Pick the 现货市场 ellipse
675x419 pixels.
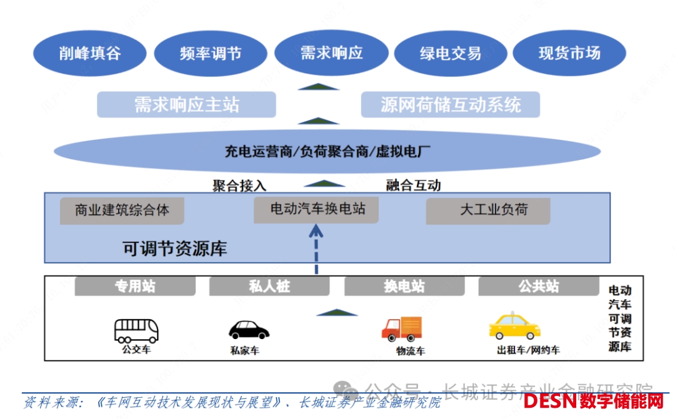[569, 53]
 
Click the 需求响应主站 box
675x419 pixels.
[186, 104]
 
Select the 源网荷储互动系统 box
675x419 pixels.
[451, 104]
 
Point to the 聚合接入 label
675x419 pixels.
[239, 185]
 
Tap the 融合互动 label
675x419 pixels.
[413, 185]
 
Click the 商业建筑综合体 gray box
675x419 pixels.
[122, 210]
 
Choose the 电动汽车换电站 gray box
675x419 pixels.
[317, 209]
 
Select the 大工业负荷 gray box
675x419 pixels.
[488, 210]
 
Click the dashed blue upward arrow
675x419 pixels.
[317, 247]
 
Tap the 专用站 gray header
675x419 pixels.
[134, 287]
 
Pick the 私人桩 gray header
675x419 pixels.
[269, 287]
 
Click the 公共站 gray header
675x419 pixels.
[538, 287]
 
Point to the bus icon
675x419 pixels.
[136, 330]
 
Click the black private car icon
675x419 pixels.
[249, 330]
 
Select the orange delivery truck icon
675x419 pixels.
[402, 328]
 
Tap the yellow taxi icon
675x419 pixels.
[514, 327]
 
